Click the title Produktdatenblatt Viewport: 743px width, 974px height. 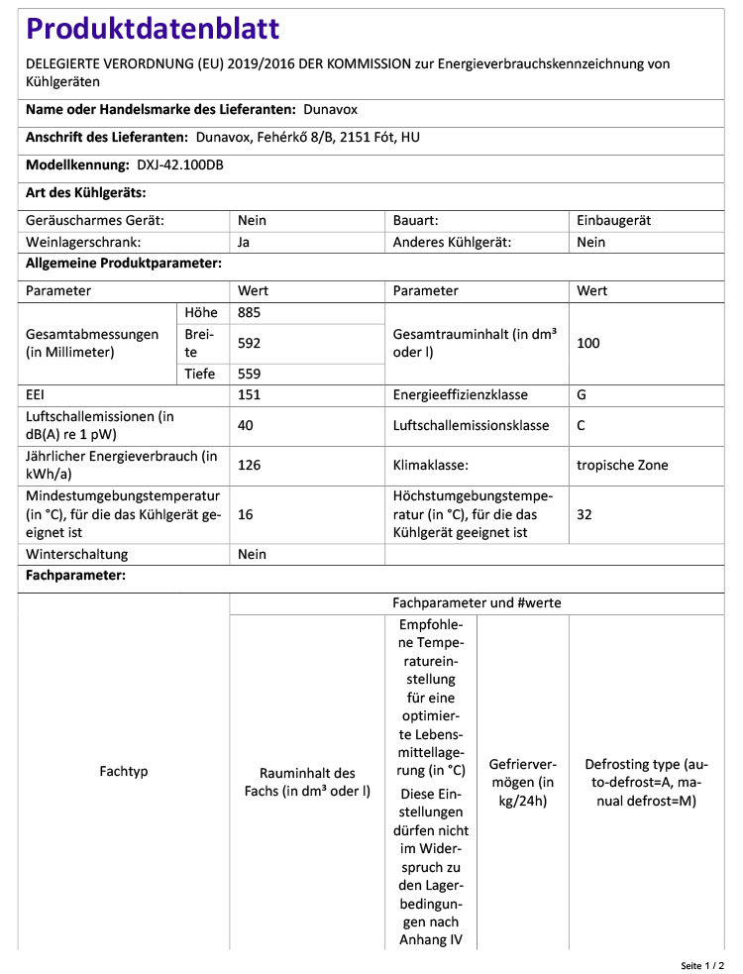point(153,30)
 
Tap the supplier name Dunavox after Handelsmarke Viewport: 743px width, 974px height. point(331,110)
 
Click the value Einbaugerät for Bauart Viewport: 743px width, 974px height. point(614,221)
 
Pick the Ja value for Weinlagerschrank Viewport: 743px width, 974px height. point(245,242)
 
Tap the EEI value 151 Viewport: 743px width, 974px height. point(250,394)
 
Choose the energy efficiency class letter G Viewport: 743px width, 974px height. point(582,394)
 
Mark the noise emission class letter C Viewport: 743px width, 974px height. point(582,426)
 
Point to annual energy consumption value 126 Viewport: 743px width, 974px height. point(250,465)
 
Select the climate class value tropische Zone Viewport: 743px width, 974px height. point(622,465)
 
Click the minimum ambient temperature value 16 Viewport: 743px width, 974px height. point(247,514)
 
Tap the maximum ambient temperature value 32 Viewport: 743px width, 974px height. point(584,514)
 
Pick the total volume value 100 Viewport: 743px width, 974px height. point(588,343)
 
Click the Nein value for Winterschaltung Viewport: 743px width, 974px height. point(253,555)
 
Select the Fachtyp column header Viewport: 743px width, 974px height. point(124,771)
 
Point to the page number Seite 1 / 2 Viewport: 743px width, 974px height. point(702,964)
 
